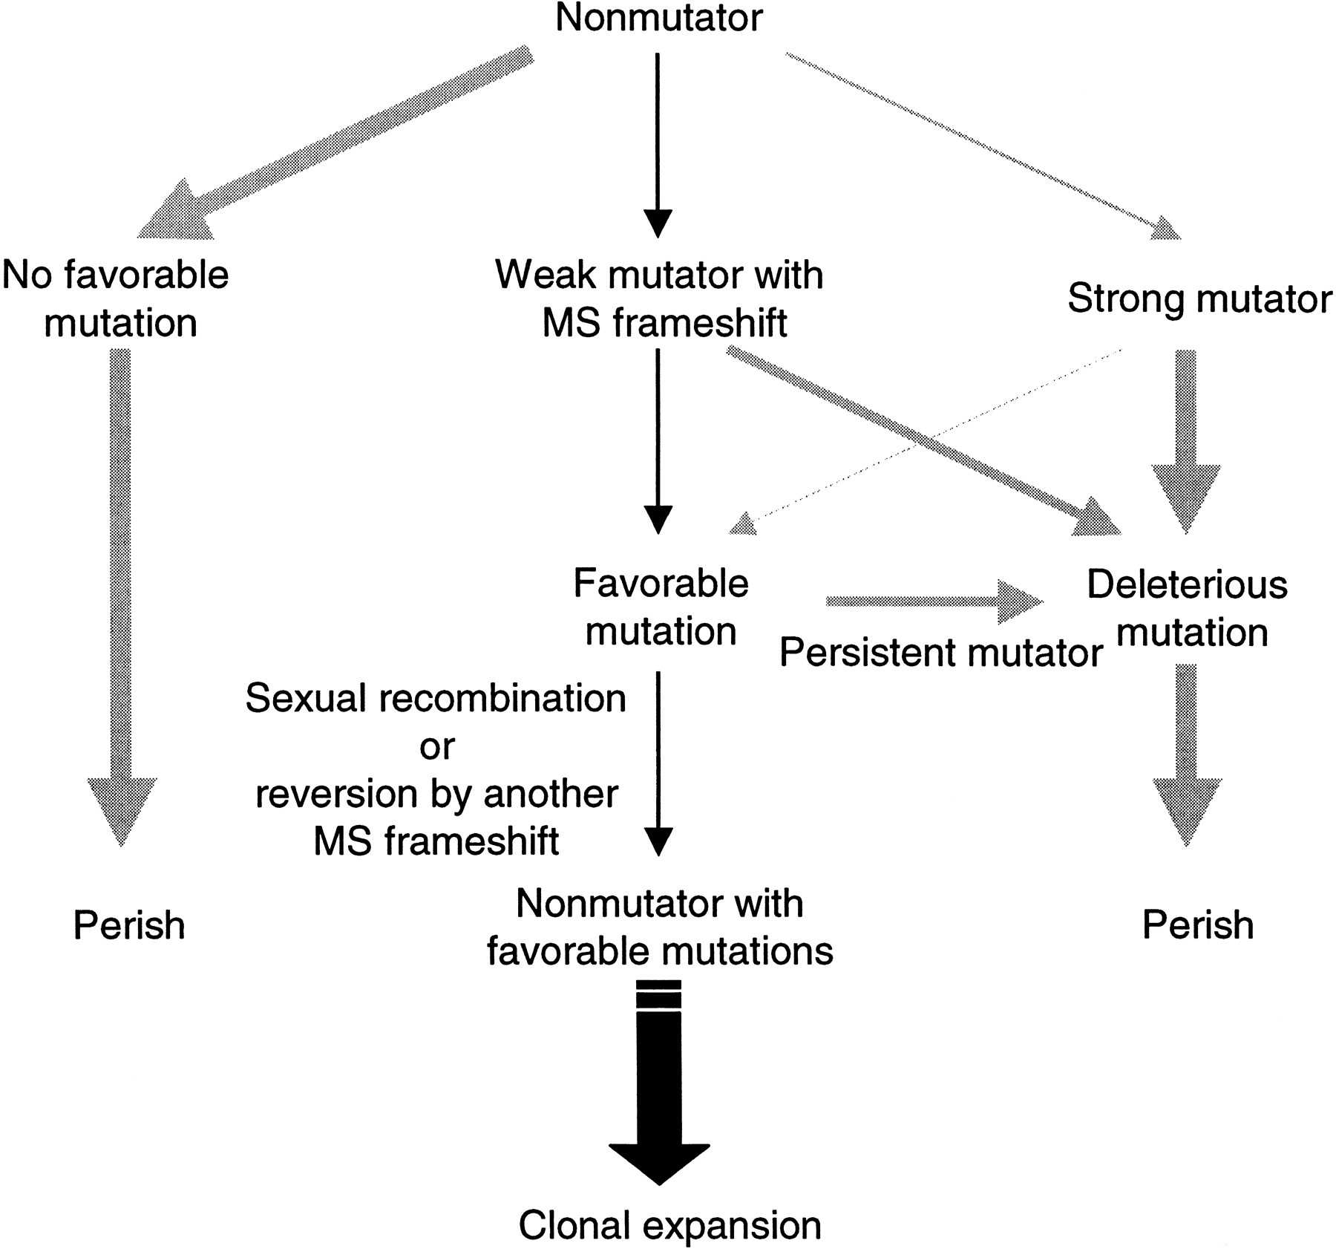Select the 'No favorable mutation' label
(116, 299)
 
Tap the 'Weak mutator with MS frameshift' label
(659, 299)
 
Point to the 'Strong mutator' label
(1199, 299)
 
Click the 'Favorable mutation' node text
(661, 607)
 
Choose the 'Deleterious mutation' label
(1188, 607)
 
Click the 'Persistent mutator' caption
(941, 653)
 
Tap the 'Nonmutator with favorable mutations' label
(660, 927)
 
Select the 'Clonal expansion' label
(669, 1225)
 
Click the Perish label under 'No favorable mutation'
(129, 925)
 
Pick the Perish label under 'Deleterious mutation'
(1198, 925)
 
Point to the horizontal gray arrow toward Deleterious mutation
(935, 601)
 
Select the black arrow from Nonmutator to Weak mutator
(658, 145)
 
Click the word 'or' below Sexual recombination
(436, 746)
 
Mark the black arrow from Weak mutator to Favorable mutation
(658, 441)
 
